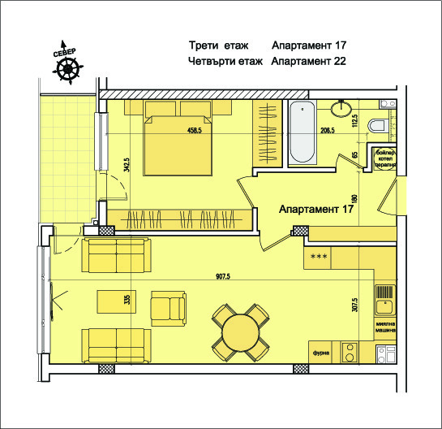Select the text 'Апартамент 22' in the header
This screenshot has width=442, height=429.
pyautogui.click(x=304, y=61)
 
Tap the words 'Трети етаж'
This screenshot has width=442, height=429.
pyautogui.click(x=217, y=45)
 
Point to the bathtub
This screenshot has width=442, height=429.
pyautogui.click(x=305, y=134)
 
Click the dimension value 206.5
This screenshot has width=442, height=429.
pyautogui.click(x=328, y=130)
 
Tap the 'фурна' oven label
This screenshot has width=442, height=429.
pyautogui.click(x=321, y=353)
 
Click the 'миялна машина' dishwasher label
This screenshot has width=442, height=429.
pyautogui.click(x=385, y=327)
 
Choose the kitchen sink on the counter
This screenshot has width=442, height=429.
pyautogui.click(x=384, y=305)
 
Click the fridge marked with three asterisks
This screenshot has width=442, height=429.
pyautogui.click(x=319, y=258)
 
